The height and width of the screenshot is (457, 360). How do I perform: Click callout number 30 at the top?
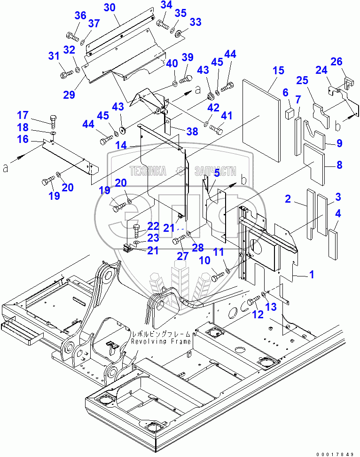point(109,8)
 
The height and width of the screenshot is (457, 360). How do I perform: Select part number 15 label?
point(278,71)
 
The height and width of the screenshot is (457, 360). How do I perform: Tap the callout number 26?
point(349,62)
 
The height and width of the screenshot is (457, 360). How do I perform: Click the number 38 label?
point(192,132)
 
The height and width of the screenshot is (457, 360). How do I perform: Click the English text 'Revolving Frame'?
point(161,342)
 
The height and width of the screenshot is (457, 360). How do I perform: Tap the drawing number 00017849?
point(335,454)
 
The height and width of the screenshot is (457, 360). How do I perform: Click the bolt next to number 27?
point(179,241)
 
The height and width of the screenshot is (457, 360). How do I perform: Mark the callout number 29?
point(69,95)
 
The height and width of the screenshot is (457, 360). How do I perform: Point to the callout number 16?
point(23,139)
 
